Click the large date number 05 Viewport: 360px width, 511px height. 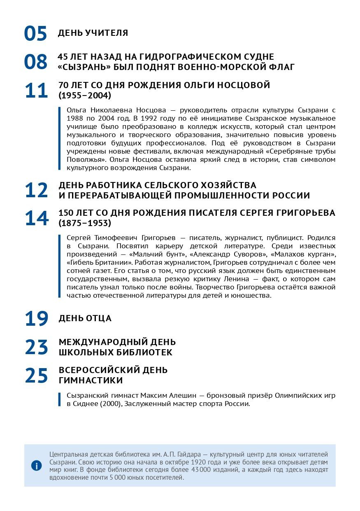35,34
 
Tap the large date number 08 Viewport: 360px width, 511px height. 35,62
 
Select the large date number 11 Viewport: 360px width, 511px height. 36,91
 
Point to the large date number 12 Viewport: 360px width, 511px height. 36,190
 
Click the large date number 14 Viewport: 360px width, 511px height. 36,218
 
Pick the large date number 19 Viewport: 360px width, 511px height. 36,319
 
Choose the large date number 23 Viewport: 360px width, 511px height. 36,347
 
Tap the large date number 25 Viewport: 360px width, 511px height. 36,375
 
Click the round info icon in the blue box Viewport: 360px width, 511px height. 37,466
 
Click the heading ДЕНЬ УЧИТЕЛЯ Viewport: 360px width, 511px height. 93,33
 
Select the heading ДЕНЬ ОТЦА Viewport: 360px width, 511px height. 85,318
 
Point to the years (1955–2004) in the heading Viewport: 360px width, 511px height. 85,96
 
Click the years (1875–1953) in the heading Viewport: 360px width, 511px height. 85,223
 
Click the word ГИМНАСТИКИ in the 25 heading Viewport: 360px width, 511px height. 91,380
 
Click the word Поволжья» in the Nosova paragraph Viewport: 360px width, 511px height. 82,159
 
